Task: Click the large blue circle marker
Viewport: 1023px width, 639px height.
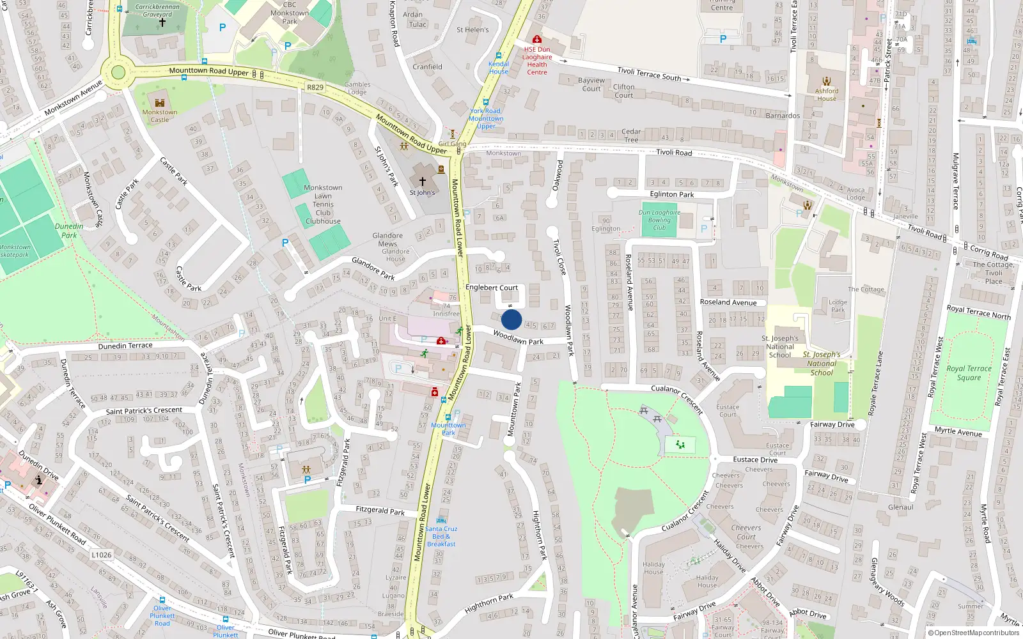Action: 511,319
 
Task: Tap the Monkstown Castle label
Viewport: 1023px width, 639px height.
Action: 160,116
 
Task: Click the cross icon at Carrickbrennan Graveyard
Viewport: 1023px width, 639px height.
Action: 162,22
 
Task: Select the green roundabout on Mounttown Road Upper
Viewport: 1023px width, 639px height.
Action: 118,72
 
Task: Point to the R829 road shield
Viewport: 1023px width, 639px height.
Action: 315,87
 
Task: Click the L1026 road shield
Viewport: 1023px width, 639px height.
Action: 102,555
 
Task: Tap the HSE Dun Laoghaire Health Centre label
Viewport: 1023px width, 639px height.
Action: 537,61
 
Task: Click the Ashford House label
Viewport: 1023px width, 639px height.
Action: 827,95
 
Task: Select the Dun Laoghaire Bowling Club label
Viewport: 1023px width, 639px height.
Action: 659,220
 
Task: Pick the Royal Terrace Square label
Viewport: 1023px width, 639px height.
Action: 969,373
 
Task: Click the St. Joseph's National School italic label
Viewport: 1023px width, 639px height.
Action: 822,363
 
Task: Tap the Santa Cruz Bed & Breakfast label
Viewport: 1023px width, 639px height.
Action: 441,536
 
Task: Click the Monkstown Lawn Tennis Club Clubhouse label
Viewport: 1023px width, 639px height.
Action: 323,204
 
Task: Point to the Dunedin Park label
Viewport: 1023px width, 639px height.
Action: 69,231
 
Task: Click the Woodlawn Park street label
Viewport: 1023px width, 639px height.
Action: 518,337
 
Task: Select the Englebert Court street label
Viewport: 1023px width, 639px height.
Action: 492,288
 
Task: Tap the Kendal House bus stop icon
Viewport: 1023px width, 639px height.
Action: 499,56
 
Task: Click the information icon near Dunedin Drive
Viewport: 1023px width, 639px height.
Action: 39,479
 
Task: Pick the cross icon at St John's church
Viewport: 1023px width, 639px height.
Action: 422,182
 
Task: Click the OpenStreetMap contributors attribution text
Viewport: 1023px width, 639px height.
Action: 976,633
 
